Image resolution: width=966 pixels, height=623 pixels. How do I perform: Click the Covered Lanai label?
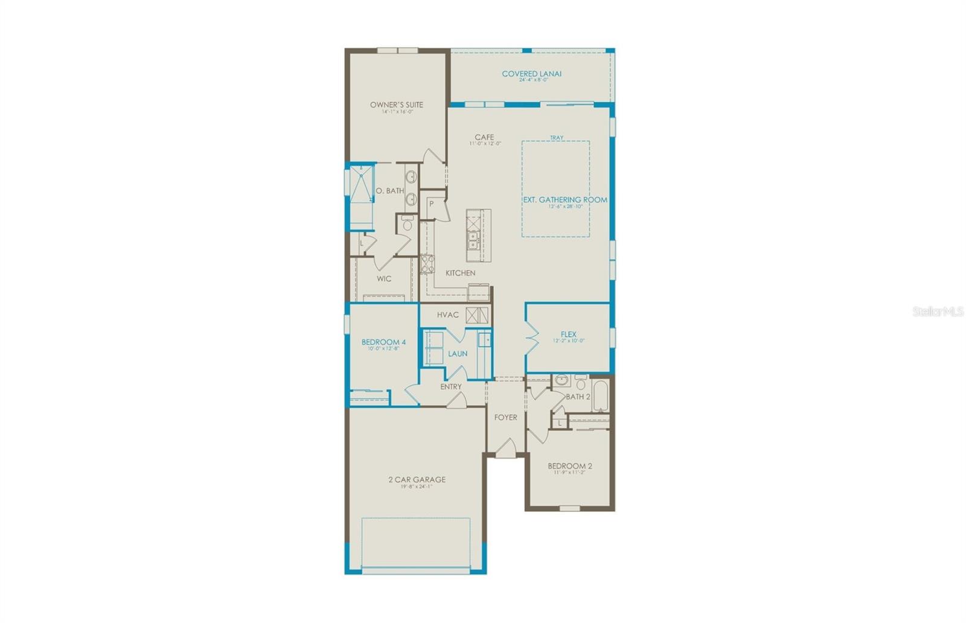pyautogui.click(x=531, y=74)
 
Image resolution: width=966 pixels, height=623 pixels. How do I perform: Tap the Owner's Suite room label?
pyautogui.click(x=397, y=105)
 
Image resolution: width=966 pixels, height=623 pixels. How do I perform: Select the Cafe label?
pyautogui.click(x=484, y=137)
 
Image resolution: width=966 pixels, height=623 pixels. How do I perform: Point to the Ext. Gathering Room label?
pyautogui.click(x=565, y=200)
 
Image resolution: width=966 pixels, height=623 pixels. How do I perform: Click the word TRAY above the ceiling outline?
pyautogui.click(x=556, y=138)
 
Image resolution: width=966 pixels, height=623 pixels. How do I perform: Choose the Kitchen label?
pyautogui.click(x=460, y=273)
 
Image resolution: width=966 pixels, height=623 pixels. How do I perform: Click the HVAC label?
pyautogui.click(x=448, y=315)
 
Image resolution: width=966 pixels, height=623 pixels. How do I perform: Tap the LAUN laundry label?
pyautogui.click(x=458, y=354)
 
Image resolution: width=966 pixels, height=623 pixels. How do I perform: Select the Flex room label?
pyautogui.click(x=568, y=334)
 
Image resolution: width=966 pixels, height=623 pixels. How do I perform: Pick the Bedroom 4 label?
pyautogui.click(x=383, y=342)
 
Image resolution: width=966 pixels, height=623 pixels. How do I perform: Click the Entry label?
pyautogui.click(x=451, y=386)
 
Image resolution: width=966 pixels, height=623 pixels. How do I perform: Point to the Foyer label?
pyautogui.click(x=505, y=417)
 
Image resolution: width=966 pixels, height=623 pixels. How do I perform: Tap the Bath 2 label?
pyautogui.click(x=578, y=397)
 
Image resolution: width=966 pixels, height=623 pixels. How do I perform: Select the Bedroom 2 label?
pyautogui.click(x=569, y=466)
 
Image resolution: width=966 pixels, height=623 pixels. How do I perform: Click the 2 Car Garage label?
pyautogui.click(x=417, y=480)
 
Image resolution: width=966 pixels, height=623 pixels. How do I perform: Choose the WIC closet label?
pyautogui.click(x=384, y=279)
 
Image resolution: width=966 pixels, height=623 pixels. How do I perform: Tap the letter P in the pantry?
pyautogui.click(x=432, y=204)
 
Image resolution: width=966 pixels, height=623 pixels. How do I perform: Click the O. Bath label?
pyautogui.click(x=390, y=191)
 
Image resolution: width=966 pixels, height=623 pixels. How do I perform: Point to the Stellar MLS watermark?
pyautogui.click(x=938, y=311)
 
